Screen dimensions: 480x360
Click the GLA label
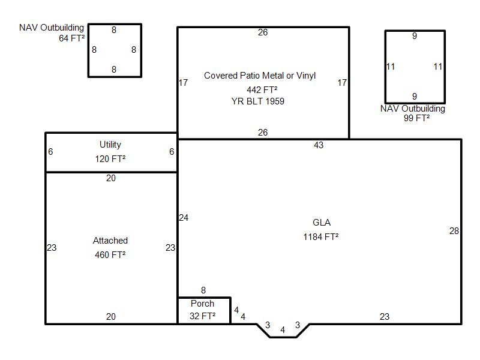322,223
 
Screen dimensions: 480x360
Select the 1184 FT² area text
321,236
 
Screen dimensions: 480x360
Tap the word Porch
202,304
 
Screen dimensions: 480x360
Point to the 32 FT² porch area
202,316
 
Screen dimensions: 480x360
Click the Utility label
110,145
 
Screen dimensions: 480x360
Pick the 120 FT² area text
110,159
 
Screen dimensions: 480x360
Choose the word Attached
110,241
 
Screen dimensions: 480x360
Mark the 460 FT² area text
110,254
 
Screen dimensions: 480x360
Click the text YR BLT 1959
258,101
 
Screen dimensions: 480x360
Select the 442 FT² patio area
262,89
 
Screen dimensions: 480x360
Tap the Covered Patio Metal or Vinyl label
260,76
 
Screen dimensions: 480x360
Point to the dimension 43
319,145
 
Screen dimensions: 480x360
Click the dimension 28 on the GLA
454,231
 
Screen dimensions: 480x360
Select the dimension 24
184,218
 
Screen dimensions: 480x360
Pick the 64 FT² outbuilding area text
71,38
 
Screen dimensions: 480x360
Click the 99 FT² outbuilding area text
416,118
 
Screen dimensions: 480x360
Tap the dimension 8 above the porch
203,290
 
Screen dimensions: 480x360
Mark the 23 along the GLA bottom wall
385,317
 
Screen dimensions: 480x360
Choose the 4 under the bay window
283,329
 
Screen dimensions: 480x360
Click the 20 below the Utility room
111,178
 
